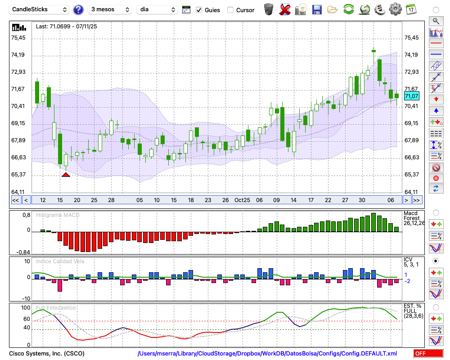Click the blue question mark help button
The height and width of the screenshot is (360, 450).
[78, 9]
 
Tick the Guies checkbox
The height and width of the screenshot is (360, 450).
[199, 10]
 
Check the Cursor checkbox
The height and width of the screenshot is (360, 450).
[230, 10]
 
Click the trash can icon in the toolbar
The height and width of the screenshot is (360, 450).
[269, 9]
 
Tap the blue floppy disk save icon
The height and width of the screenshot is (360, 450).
[317, 9]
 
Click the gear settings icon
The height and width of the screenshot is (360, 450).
[395, 9]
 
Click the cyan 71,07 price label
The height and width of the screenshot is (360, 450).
[412, 96]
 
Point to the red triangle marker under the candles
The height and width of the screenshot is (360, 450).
[66, 174]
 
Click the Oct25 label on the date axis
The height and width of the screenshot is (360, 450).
[243, 200]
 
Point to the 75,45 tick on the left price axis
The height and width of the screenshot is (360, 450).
[18, 38]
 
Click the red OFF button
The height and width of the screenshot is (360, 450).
[428, 354]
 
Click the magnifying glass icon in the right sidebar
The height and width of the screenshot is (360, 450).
[436, 21]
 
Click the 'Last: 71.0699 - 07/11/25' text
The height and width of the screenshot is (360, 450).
[66, 27]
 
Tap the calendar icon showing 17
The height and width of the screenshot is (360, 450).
[410, 9]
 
